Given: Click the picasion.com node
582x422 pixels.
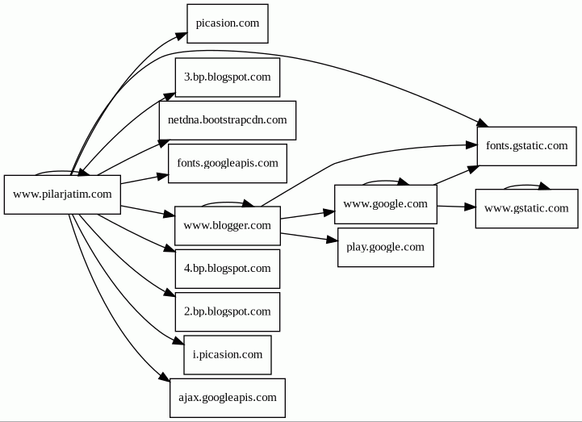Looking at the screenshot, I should click(x=227, y=23).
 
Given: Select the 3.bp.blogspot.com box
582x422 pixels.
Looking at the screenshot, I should click(x=227, y=77).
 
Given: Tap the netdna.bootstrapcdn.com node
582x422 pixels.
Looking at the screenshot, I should click(x=227, y=120).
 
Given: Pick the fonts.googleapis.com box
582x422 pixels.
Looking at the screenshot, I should click(x=227, y=163).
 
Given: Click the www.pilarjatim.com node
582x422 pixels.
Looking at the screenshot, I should click(x=62, y=194).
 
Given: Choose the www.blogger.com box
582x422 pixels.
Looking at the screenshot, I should click(x=227, y=225).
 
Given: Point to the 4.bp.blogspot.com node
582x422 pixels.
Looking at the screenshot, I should click(x=227, y=268).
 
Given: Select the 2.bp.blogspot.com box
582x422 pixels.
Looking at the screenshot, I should click(x=227, y=311).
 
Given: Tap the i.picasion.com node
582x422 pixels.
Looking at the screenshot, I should click(x=227, y=354).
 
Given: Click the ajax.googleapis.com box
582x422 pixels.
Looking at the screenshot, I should click(x=227, y=398).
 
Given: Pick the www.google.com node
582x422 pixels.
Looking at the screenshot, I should click(x=385, y=204).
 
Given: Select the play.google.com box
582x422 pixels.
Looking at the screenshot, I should click(x=385, y=247).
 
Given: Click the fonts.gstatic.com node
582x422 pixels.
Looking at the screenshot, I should click(x=526, y=146).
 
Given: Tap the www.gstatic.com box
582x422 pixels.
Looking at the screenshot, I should click(x=526, y=208).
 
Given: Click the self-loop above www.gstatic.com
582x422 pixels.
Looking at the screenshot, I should click(x=526, y=185).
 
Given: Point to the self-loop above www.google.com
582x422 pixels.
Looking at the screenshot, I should click(x=385, y=181).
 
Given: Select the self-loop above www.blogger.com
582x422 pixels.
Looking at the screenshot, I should click(x=227, y=202).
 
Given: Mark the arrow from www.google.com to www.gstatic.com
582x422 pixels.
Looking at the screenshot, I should click(x=456, y=207).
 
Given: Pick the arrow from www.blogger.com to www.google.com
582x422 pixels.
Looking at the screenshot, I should click(x=307, y=215).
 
